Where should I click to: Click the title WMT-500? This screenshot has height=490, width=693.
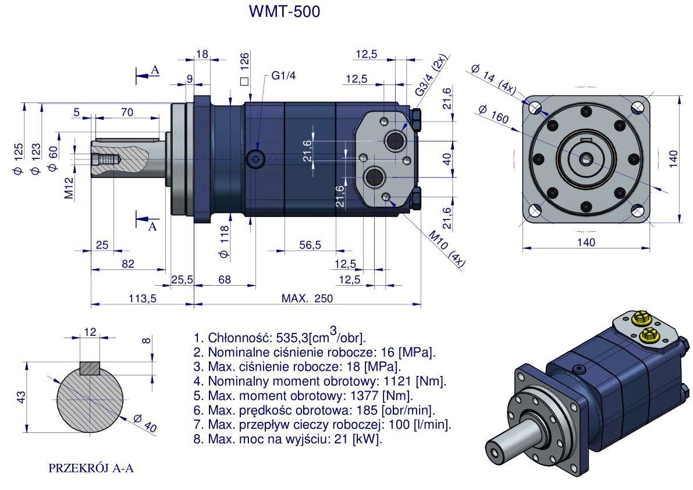pyautogui.click(x=284, y=12)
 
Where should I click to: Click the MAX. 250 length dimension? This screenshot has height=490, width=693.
pyautogui.click(x=308, y=298)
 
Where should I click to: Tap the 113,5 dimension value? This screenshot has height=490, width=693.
pyautogui.click(x=142, y=298)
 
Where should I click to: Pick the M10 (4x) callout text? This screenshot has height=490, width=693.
pyautogui.click(x=447, y=249)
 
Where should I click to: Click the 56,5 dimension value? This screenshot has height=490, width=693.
pyautogui.click(x=310, y=245)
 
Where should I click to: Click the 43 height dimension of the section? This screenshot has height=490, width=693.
pyautogui.click(x=20, y=397)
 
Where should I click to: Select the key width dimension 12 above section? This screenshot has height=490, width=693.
pyautogui.click(x=90, y=332)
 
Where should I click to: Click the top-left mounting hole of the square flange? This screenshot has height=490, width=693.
pyautogui.click(x=536, y=108)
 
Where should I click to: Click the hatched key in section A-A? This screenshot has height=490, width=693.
pyautogui.click(x=90, y=368)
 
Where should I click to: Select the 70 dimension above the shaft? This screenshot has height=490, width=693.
pyautogui.click(x=126, y=112)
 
